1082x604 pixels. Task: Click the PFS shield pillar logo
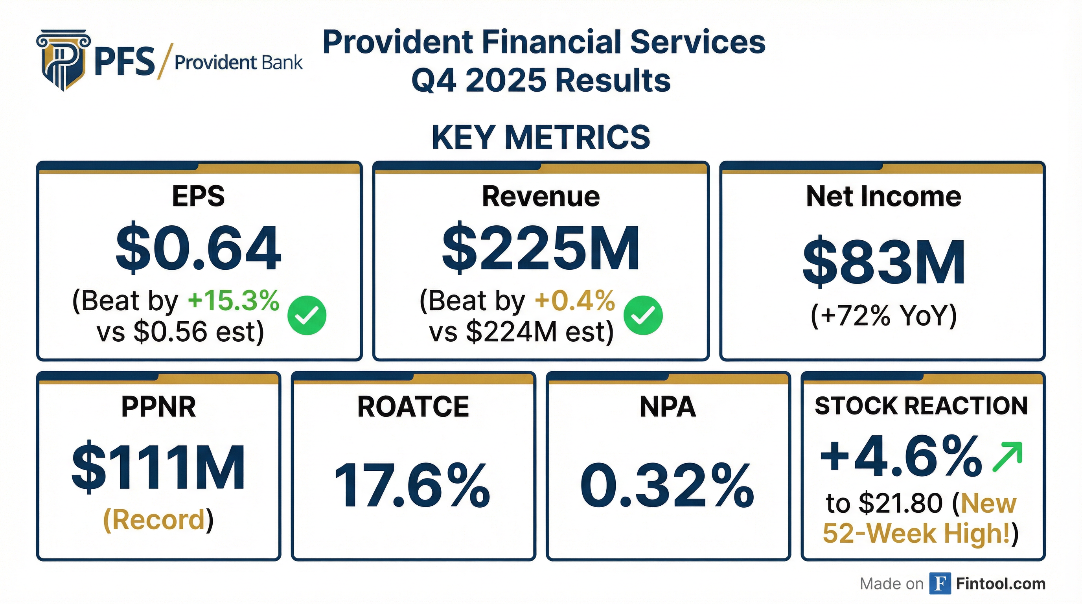click(63, 60)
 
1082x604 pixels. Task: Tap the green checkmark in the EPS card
click(307, 315)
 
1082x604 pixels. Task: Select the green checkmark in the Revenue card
click(643, 315)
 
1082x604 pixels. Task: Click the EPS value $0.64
click(198, 249)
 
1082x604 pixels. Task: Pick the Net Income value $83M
click(883, 263)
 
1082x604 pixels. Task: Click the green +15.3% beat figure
click(234, 301)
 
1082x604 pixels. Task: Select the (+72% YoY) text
click(883, 315)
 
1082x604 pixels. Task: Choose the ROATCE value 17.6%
click(413, 486)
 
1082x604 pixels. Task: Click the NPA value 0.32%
click(668, 486)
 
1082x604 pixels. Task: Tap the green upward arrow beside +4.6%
click(1007, 457)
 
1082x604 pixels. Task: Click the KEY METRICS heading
click(541, 137)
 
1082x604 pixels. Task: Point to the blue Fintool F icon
click(940, 584)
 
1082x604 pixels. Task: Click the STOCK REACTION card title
click(922, 406)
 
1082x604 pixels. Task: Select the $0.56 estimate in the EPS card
click(171, 332)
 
